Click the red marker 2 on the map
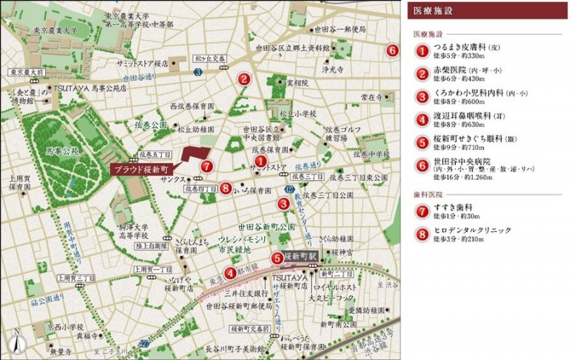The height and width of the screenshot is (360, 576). [244, 80]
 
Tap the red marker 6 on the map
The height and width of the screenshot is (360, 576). [392, 50]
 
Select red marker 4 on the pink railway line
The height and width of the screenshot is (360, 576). [229, 272]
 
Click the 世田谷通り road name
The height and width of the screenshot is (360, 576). [139, 77]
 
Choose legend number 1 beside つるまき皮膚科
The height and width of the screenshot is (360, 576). [421, 50]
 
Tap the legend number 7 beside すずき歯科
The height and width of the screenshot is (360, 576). [421, 211]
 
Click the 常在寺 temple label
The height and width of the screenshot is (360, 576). [371, 96]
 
